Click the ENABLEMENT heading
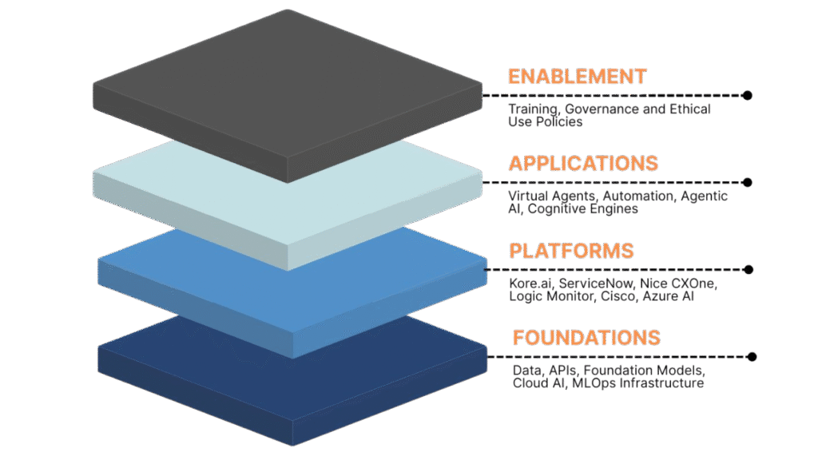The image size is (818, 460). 577,77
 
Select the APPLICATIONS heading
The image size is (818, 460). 583,164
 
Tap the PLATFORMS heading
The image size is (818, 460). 571,250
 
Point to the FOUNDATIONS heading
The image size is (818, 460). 586,337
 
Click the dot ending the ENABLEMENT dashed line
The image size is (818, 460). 747,95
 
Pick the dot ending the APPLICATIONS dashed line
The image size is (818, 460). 747,182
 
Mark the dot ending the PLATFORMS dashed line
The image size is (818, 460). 747,269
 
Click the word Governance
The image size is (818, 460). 601,109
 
